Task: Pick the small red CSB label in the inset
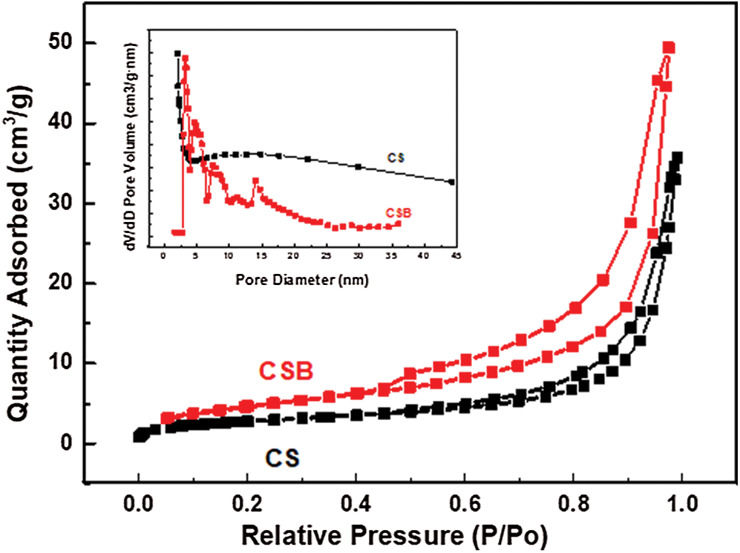pyautogui.click(x=398, y=212)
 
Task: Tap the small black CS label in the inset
pyautogui.click(x=394, y=157)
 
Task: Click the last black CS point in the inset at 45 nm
pyautogui.click(x=452, y=181)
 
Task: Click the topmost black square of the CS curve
pyautogui.click(x=676, y=157)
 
